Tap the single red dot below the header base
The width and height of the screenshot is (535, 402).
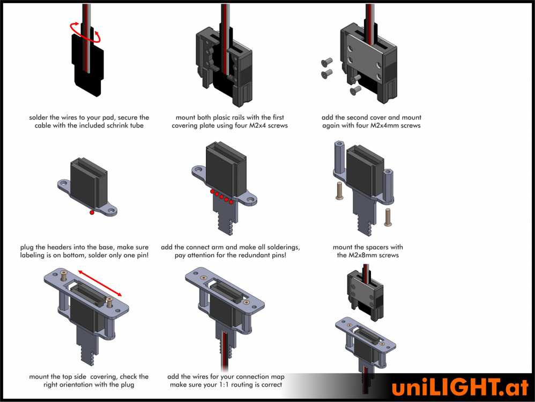pyautogui.click(x=92, y=213)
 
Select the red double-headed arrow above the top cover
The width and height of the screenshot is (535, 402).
pyautogui.click(x=100, y=283)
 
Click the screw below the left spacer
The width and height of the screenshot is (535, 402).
pyautogui.click(x=339, y=191)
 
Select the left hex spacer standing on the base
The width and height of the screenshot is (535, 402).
pyautogui.click(x=339, y=155)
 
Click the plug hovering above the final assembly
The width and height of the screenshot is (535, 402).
pyautogui.click(x=366, y=292)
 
